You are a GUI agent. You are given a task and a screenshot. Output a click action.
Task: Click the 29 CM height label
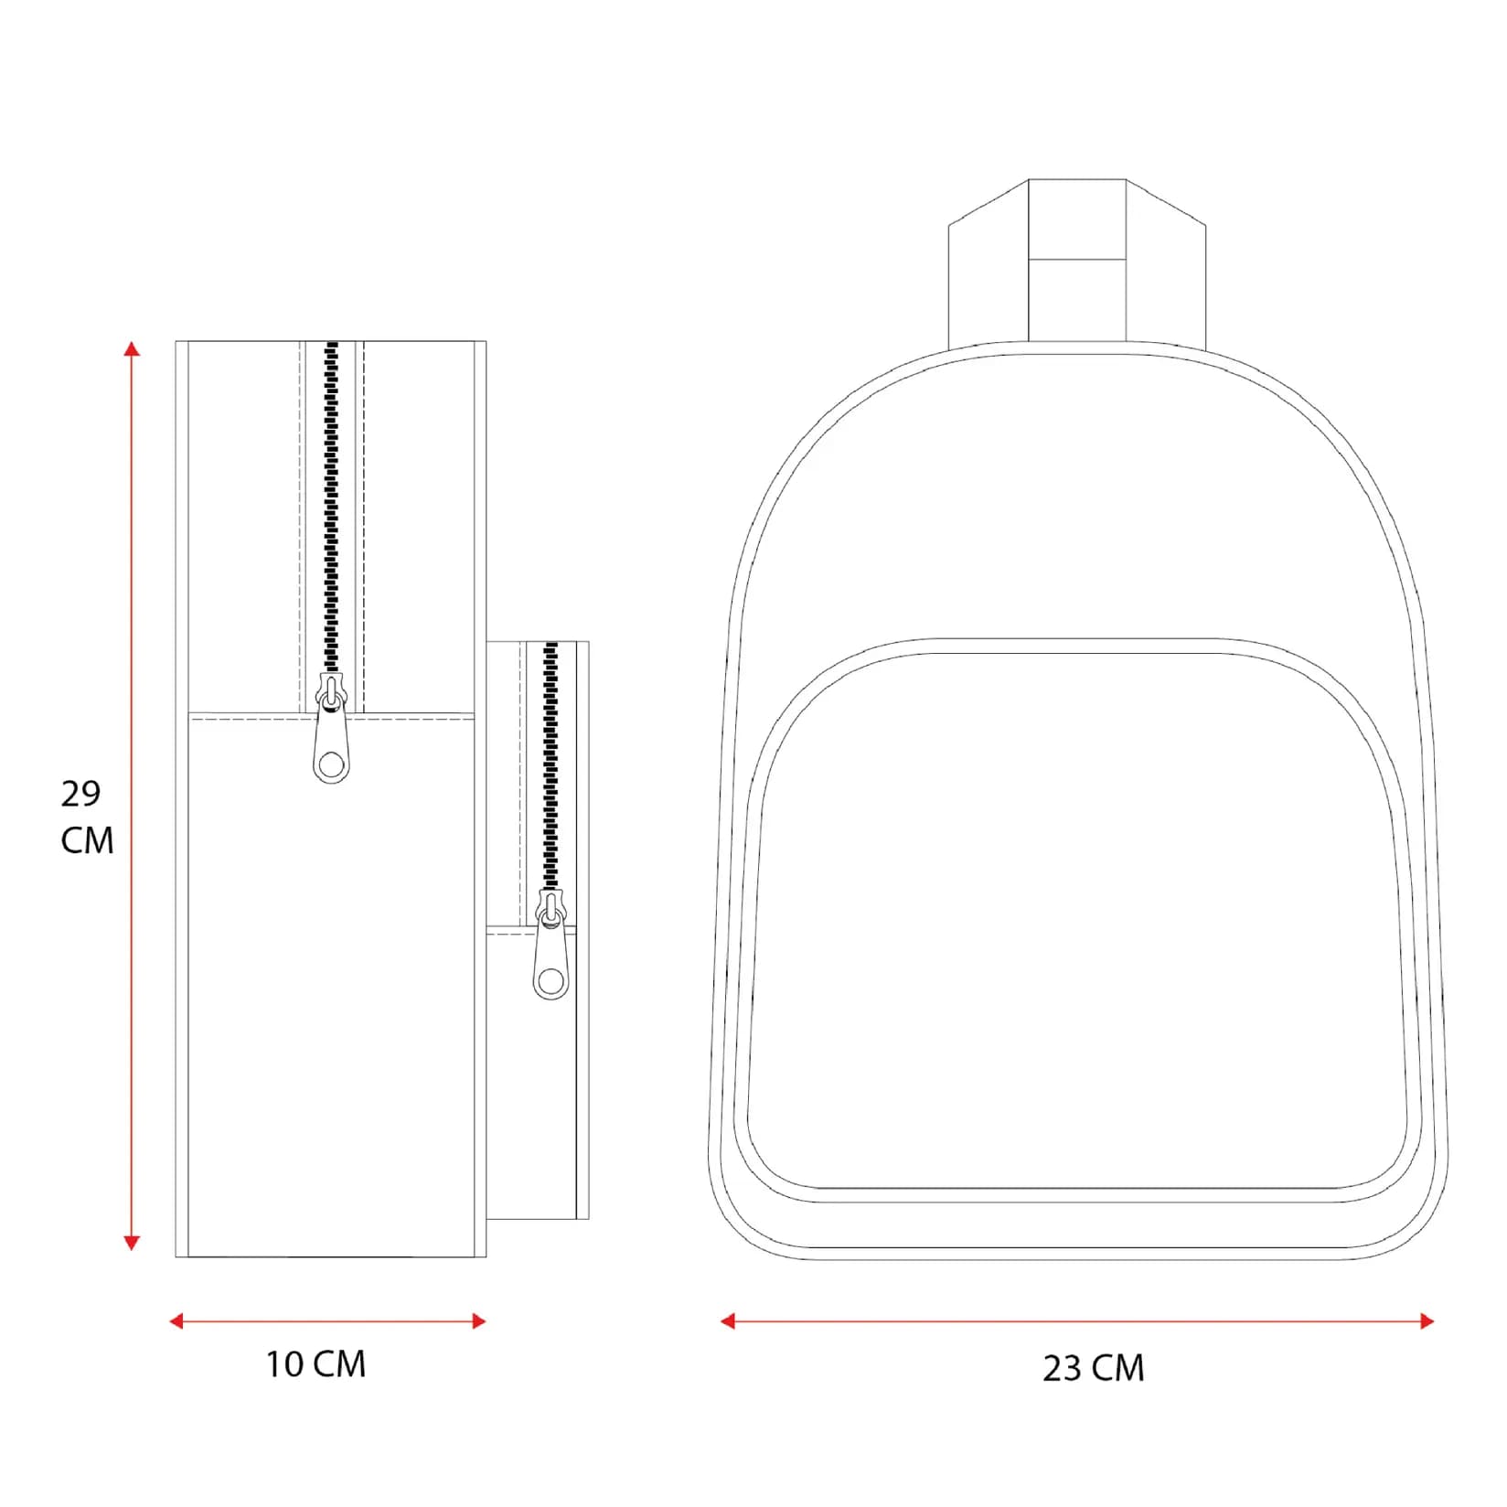tap(87, 816)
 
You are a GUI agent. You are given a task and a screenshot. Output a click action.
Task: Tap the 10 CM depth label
tap(315, 1363)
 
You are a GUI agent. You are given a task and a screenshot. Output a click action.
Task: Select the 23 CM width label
tap(1093, 1368)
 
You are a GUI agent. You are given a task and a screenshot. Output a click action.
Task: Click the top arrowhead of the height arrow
tap(133, 348)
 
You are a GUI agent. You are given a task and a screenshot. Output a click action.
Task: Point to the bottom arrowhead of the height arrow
tap(132, 1243)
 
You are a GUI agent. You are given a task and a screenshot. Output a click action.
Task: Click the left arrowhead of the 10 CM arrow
tap(176, 1320)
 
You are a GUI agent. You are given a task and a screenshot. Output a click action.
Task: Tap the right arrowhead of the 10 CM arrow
tap(479, 1320)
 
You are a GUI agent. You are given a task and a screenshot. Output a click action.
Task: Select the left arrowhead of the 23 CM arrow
tap(728, 1320)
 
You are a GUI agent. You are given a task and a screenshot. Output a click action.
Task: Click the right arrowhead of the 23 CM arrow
tap(1427, 1320)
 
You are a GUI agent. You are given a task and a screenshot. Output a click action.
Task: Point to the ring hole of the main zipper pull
tap(331, 764)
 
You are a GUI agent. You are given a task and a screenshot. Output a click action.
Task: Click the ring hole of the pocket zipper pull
tap(550, 982)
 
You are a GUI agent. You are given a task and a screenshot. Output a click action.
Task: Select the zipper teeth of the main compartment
tap(331, 512)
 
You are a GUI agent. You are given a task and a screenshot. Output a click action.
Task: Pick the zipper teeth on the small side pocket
tap(550, 759)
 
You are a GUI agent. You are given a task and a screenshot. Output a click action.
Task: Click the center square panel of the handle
tap(1076, 219)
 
